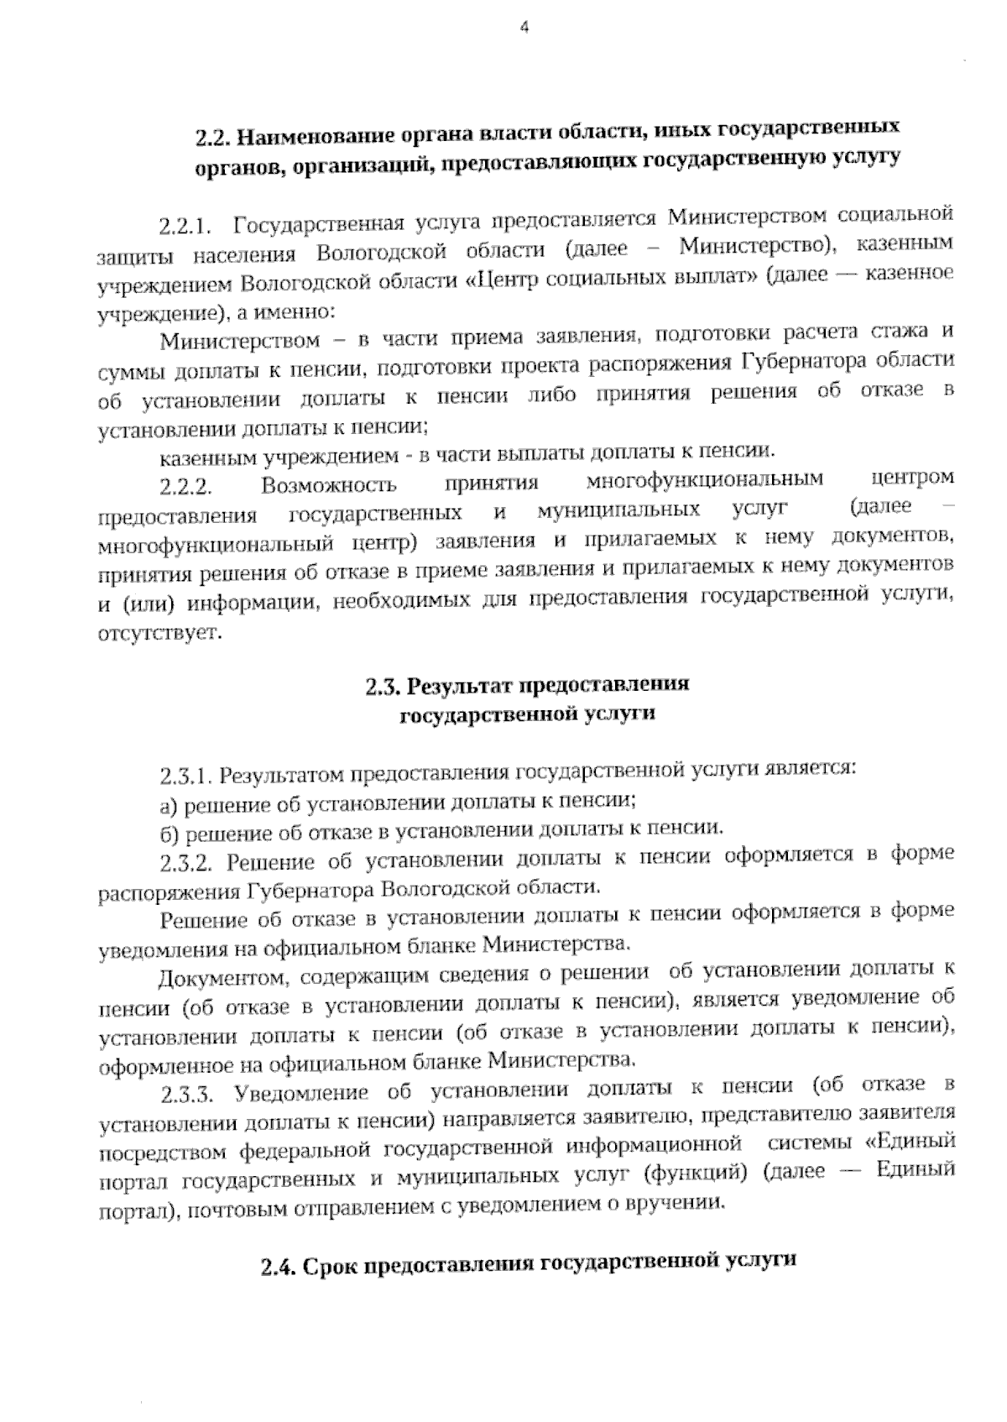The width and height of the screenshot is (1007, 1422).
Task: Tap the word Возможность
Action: click(x=329, y=485)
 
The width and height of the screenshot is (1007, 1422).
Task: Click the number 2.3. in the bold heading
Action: click(x=382, y=686)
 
